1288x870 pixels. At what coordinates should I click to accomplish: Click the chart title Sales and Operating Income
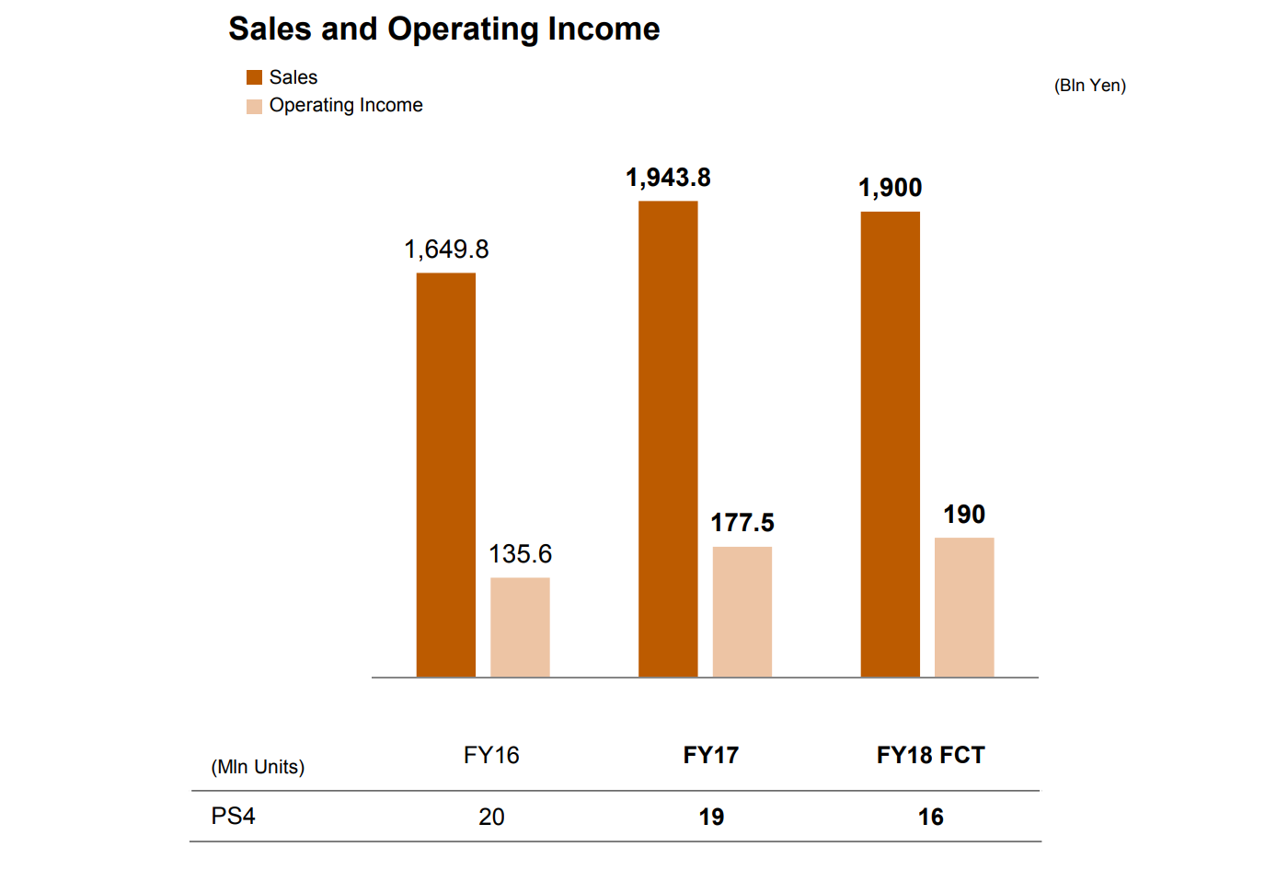tap(443, 29)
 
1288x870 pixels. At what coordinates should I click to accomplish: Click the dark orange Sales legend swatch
tap(254, 78)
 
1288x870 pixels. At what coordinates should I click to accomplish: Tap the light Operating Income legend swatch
tap(254, 106)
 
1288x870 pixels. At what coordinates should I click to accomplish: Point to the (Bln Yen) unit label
tap(1089, 86)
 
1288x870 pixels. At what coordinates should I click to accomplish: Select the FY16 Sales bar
tap(446, 475)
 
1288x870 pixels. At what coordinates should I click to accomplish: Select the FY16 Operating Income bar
tap(520, 628)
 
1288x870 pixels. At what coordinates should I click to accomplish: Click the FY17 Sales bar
tap(668, 439)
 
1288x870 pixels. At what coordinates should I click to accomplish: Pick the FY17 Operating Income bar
tap(742, 612)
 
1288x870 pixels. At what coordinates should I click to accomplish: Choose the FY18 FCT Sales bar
tap(890, 445)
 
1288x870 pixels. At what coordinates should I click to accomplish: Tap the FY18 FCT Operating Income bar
tap(964, 608)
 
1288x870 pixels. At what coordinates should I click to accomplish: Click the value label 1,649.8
tap(446, 249)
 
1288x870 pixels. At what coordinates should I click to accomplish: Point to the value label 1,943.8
tap(668, 178)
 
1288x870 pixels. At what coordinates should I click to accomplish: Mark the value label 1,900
tap(890, 188)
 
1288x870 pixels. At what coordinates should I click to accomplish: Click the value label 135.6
tap(520, 554)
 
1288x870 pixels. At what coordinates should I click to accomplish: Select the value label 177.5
tap(742, 523)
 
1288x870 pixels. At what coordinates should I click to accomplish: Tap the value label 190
tap(964, 515)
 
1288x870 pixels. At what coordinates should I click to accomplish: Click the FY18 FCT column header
tap(930, 756)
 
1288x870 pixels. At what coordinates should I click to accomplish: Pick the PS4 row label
tap(233, 817)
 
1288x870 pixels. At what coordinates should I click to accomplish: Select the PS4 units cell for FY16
tap(491, 817)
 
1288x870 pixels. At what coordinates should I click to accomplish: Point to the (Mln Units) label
tap(258, 767)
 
